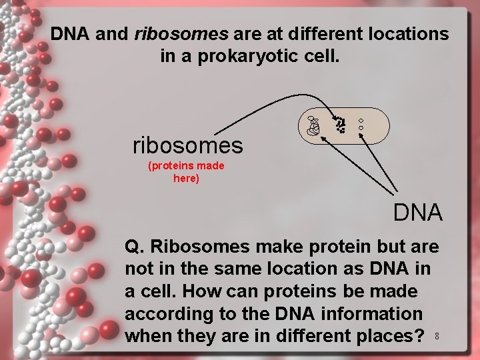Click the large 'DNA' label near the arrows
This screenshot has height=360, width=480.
pos(418,213)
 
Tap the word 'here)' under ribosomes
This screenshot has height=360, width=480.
pos(186,178)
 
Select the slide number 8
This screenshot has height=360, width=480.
pos(436,337)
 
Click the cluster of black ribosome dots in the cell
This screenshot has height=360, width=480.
pos(340,125)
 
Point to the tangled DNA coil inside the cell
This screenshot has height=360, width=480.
pos(313,125)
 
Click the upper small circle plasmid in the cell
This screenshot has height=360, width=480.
pos(361,120)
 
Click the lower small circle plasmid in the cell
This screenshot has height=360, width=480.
pos(361,127)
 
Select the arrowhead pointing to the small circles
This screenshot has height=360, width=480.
pos(362,135)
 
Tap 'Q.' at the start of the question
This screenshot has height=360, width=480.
pos(135,247)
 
